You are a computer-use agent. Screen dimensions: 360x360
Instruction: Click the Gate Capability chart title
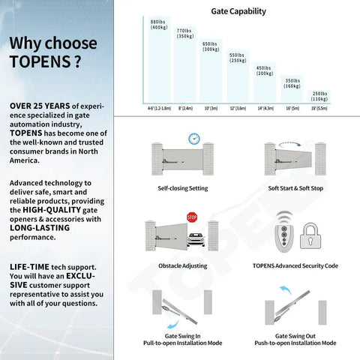point(238,11)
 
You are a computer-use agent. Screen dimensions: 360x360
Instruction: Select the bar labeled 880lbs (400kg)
point(159,59)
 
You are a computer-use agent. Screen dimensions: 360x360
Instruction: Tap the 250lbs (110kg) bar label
point(319,96)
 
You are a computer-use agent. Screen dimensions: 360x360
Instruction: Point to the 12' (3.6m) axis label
point(238,108)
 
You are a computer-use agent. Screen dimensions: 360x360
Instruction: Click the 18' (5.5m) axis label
point(319,108)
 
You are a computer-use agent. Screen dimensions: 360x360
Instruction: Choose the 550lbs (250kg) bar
point(238,76)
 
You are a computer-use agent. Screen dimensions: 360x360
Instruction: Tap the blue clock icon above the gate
point(194,139)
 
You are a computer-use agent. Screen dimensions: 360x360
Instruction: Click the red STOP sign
point(192,217)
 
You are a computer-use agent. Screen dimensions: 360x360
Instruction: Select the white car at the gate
point(196,239)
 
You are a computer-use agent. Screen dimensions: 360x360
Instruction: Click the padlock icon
point(310,235)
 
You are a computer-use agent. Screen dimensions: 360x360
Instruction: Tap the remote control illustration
point(284,238)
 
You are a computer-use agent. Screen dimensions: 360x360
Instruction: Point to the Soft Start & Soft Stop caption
point(295,188)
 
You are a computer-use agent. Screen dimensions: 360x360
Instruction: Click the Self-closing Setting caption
point(183,188)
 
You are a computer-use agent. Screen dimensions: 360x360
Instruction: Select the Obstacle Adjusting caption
point(183,265)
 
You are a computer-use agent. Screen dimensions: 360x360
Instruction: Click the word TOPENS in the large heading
point(40,61)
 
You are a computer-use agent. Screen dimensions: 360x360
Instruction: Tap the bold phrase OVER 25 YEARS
point(40,106)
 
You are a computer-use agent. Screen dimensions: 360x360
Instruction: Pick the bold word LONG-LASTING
point(40,228)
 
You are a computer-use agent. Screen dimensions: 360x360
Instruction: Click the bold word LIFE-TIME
point(29,267)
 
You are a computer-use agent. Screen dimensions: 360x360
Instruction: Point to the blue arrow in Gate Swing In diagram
point(173,325)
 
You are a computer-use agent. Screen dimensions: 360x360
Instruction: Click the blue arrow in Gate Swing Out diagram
point(286,290)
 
